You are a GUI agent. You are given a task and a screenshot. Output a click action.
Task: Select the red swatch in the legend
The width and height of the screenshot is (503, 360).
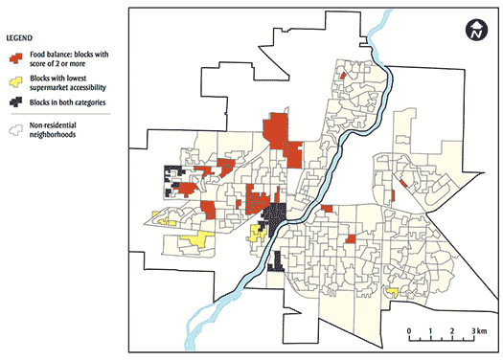tap(16, 56)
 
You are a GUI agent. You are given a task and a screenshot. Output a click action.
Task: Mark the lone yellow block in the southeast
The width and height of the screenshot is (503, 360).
tap(391, 290)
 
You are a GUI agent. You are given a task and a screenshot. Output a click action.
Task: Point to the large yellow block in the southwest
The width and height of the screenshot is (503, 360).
tap(199, 238)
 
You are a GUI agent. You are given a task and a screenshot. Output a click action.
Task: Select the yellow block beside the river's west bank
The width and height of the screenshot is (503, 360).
tap(257, 233)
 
